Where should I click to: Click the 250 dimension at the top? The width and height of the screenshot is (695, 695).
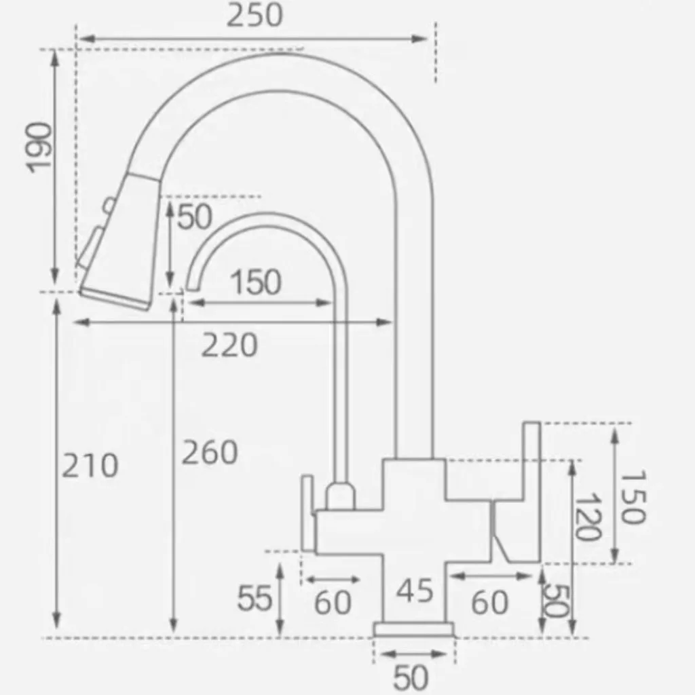[x=255, y=16]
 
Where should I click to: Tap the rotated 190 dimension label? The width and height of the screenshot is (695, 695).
[x=39, y=147]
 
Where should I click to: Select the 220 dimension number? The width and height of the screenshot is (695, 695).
[x=229, y=345]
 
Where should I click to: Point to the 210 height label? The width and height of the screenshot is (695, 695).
[x=90, y=466]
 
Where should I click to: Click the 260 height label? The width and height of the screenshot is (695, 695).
[x=210, y=452]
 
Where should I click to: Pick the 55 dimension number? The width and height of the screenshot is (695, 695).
[x=255, y=598]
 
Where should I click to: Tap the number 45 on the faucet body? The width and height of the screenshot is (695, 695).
[x=415, y=590]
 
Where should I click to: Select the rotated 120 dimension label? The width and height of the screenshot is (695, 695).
[x=588, y=516]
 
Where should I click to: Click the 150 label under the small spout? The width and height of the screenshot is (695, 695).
[x=256, y=282]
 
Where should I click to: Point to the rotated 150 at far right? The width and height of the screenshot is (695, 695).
[x=633, y=497]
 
